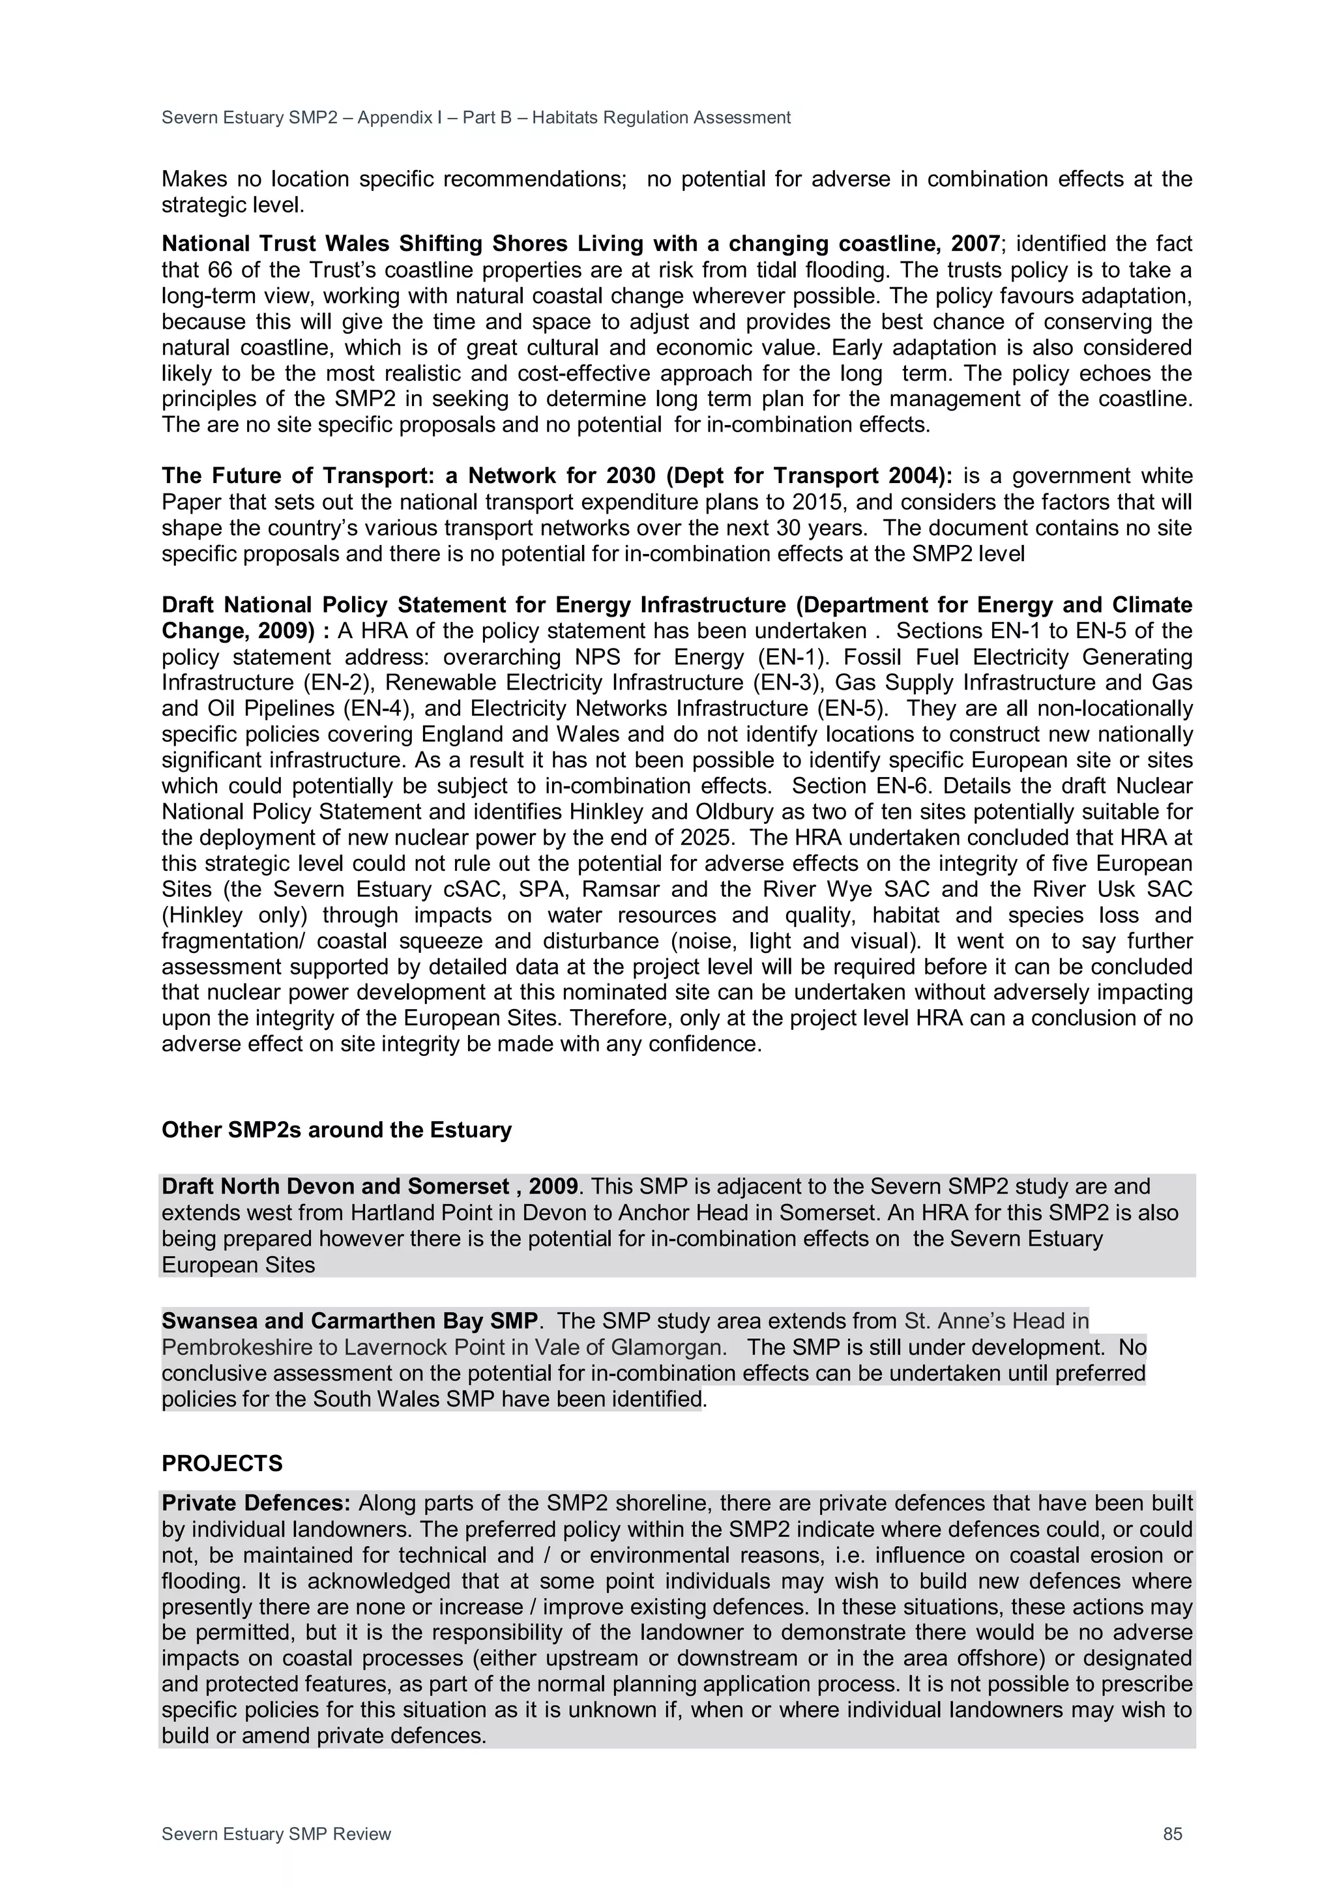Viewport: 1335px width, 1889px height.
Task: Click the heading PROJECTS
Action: tap(222, 1463)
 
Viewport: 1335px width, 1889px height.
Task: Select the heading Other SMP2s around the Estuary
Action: tap(336, 1130)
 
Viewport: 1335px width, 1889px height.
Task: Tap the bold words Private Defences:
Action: tap(256, 1503)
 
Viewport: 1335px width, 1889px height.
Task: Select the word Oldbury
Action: tap(735, 812)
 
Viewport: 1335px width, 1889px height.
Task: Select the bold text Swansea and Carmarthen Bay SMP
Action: tap(349, 1321)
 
